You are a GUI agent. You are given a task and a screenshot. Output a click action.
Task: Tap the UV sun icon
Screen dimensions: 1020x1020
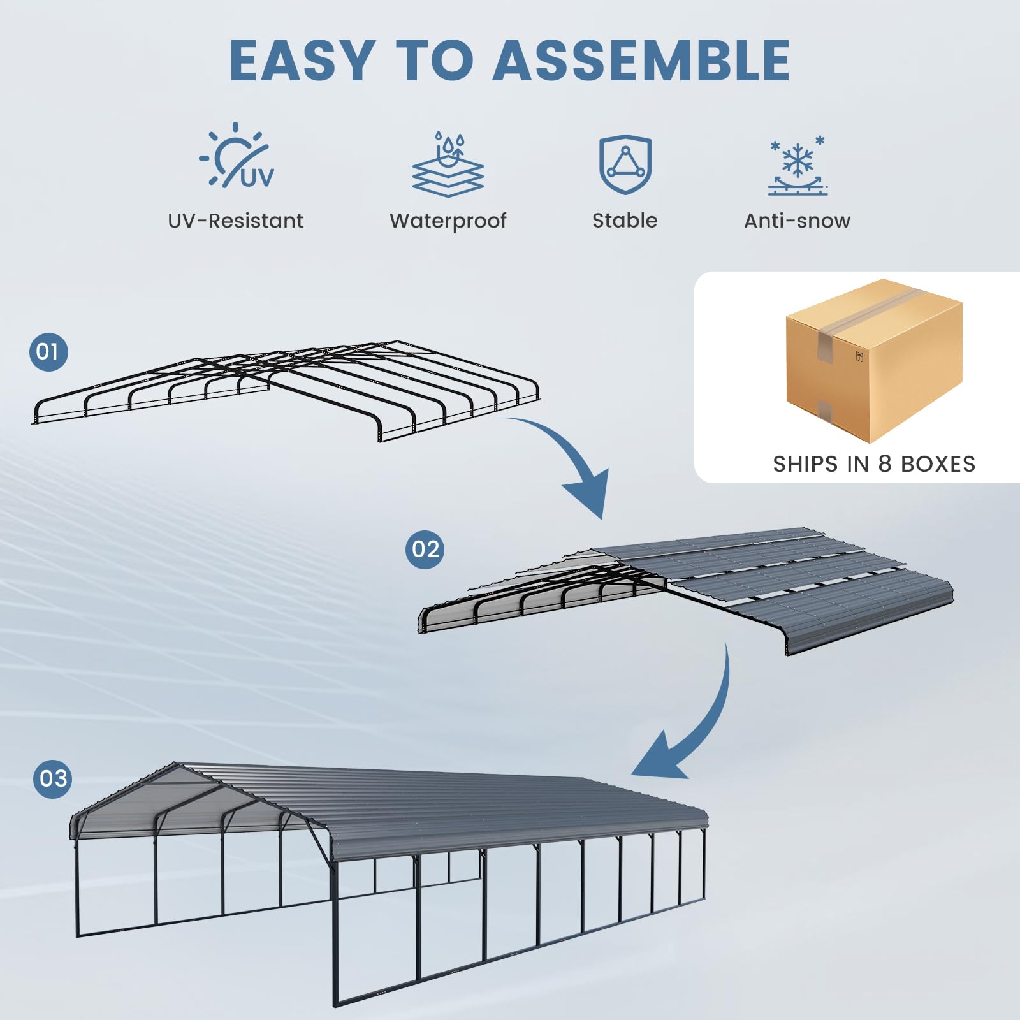click(x=237, y=156)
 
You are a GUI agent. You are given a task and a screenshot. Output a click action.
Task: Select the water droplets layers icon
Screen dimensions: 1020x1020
click(x=448, y=164)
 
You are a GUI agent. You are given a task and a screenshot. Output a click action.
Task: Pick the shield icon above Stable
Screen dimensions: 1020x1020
click(x=625, y=164)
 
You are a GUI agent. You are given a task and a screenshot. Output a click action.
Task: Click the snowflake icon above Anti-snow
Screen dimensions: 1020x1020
click(x=797, y=165)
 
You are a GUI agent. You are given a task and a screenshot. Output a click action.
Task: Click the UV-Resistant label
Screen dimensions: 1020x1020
click(x=235, y=221)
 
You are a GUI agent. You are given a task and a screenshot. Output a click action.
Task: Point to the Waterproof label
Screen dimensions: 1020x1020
click(x=448, y=221)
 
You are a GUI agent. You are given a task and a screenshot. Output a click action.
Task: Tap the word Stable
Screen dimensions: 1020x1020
click(x=625, y=221)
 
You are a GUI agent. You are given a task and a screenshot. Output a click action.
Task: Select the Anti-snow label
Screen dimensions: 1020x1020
click(x=797, y=221)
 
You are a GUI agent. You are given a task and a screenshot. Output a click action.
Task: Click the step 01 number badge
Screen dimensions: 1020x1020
click(x=48, y=351)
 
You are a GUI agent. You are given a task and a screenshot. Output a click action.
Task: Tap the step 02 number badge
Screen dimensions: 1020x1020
click(x=425, y=549)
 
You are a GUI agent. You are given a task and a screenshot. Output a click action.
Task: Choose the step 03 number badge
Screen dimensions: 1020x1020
click(x=53, y=778)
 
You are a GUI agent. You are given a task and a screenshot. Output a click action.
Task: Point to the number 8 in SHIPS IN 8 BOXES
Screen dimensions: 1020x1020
click(x=884, y=464)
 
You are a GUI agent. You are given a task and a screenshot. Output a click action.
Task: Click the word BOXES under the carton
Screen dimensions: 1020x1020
click(x=938, y=464)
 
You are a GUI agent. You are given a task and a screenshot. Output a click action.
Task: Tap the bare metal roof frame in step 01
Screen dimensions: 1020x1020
click(x=287, y=382)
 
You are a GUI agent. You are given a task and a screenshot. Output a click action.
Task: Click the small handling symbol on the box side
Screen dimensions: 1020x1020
click(x=859, y=356)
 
